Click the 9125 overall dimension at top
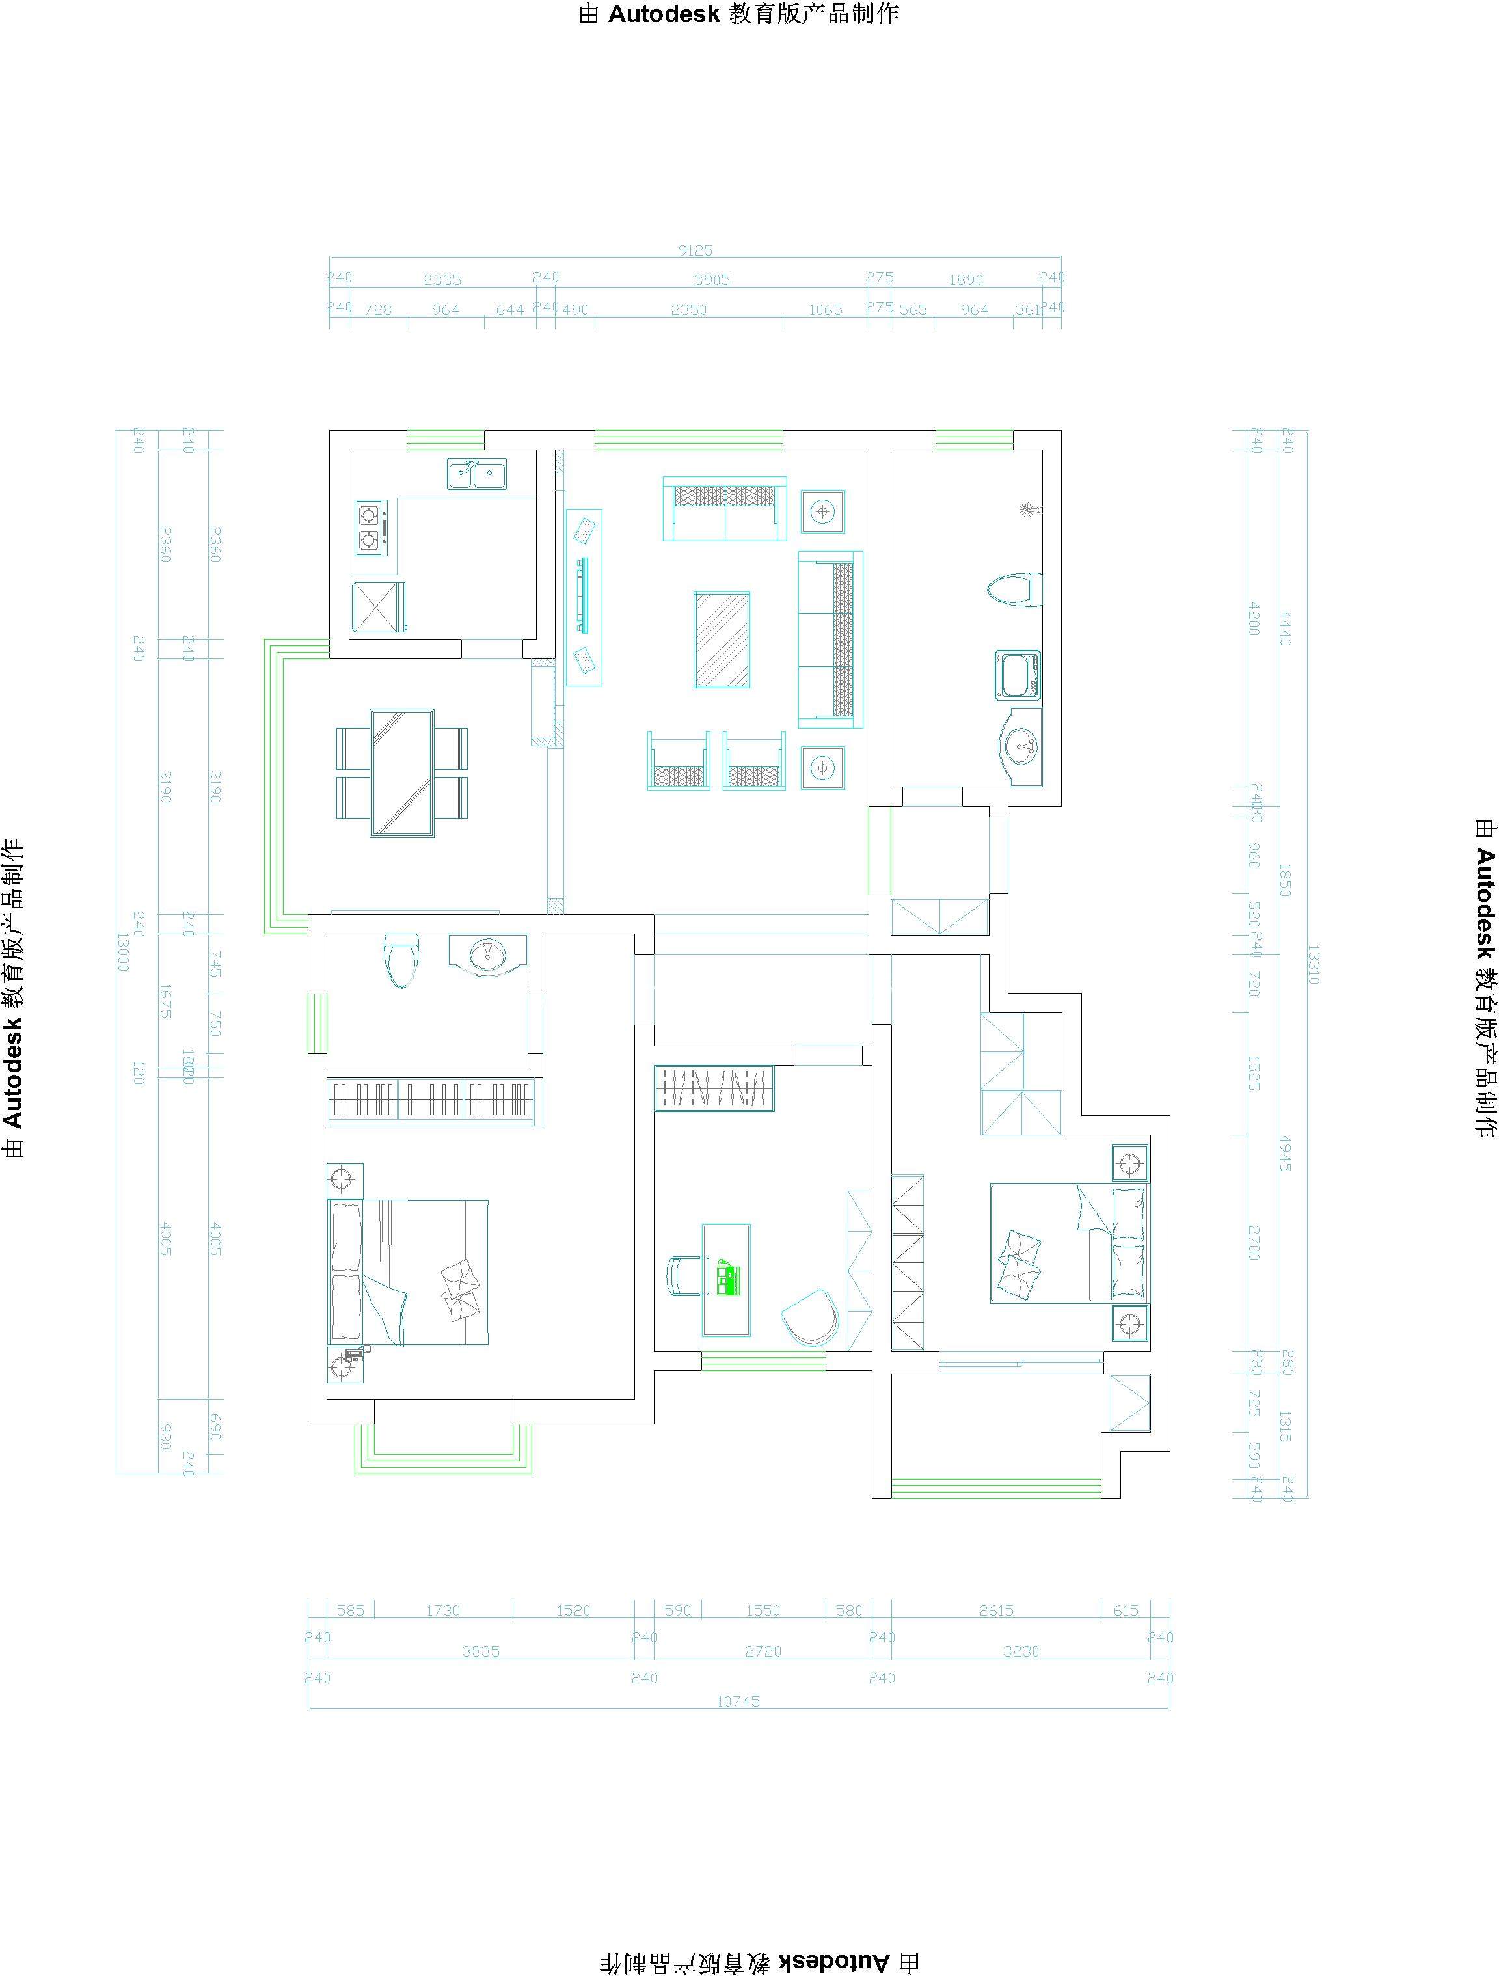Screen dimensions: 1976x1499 [x=695, y=251]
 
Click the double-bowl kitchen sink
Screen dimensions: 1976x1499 [x=476, y=474]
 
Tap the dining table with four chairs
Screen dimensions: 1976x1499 [x=402, y=773]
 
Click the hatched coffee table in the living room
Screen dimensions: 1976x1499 [x=722, y=640]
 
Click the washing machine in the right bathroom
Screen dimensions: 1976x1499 [x=1018, y=675]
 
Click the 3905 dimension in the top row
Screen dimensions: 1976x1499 [x=712, y=280]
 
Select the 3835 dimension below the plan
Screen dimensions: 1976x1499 [x=481, y=1652]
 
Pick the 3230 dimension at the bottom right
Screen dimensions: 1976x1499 [x=1020, y=1652]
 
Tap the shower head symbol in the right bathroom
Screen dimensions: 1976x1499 [x=1030, y=510]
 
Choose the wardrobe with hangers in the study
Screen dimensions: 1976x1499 [x=714, y=1088]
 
